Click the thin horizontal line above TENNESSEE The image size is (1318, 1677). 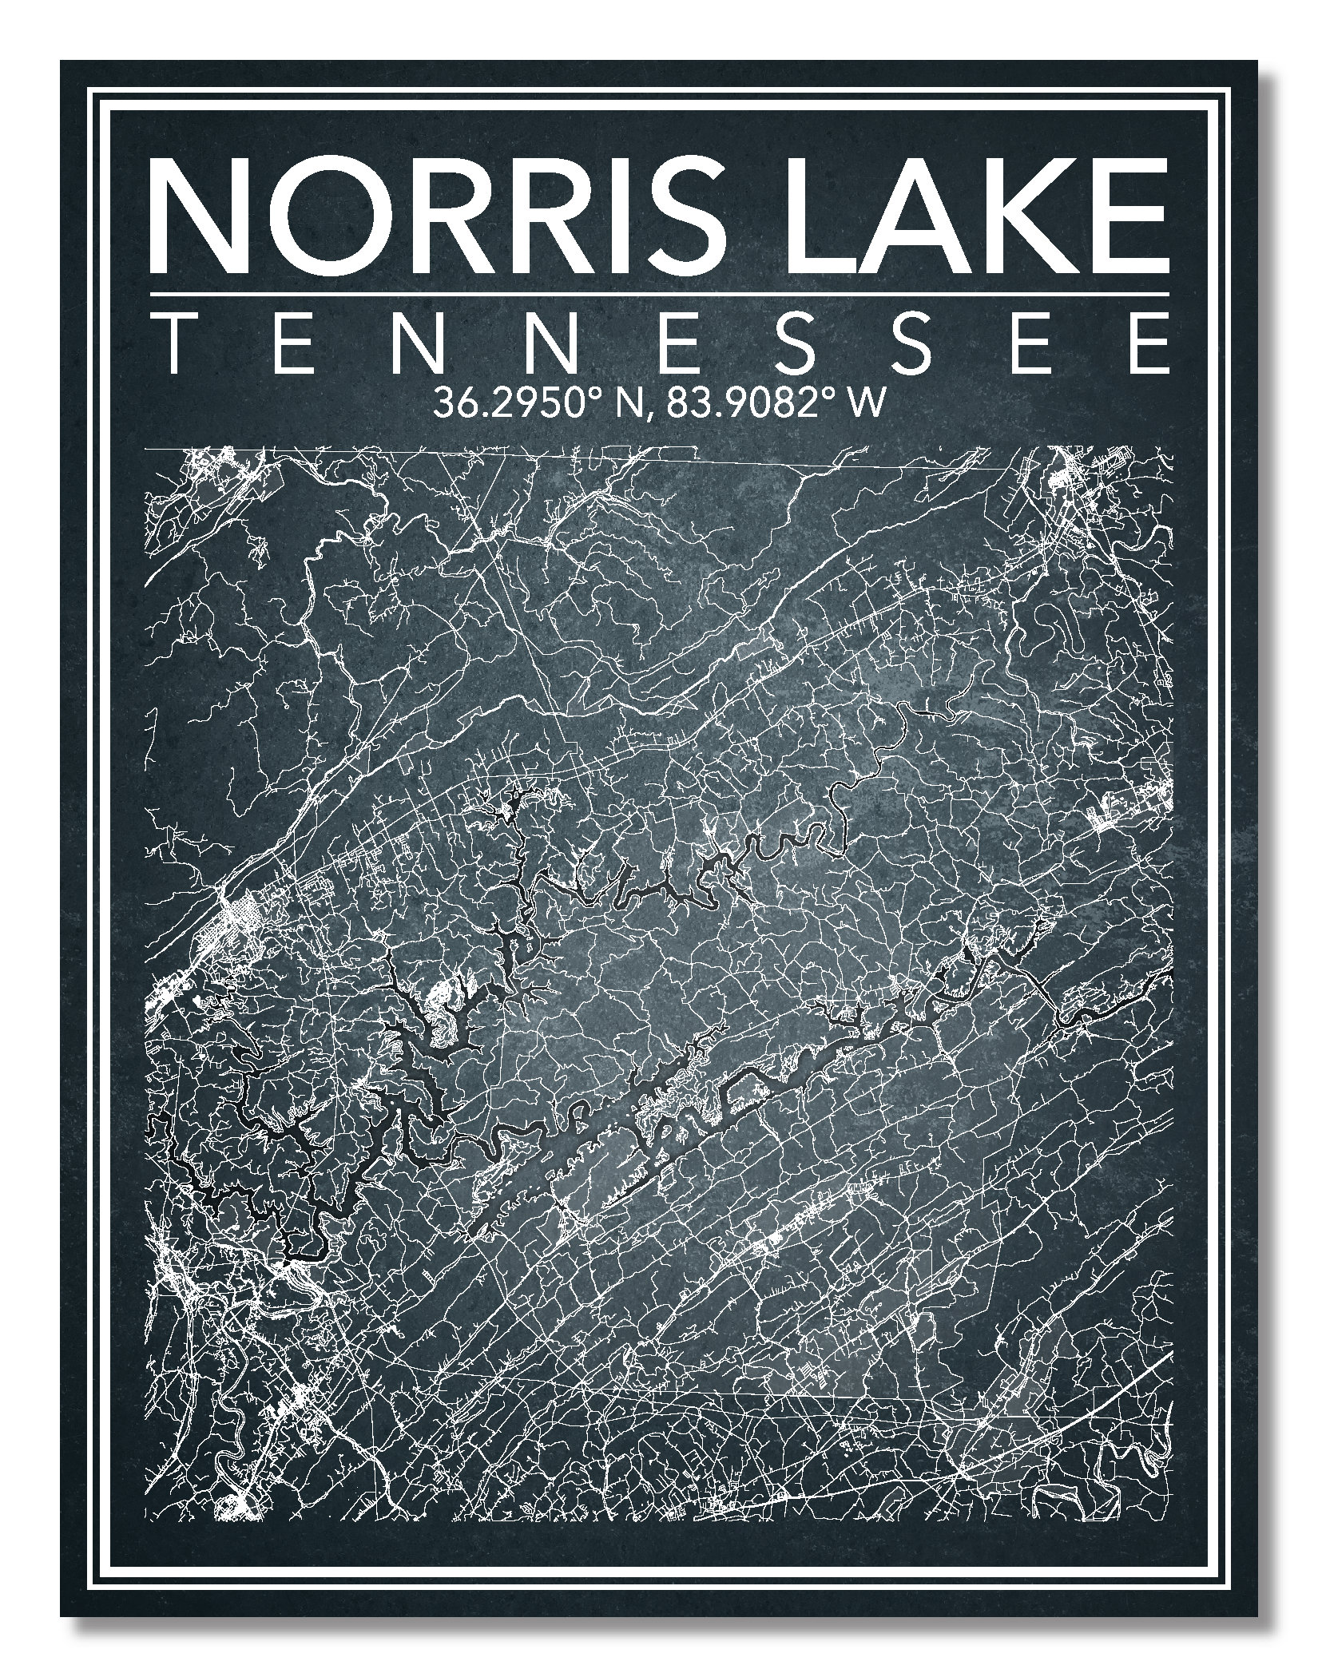pyautogui.click(x=659, y=295)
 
